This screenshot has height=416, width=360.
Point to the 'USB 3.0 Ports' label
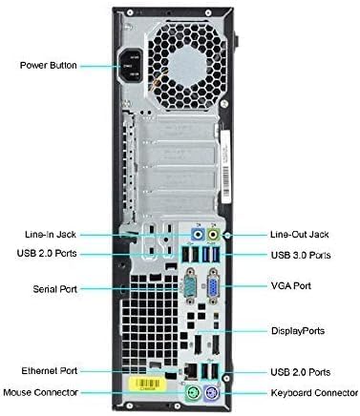click(301, 256)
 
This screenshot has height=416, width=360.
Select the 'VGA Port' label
click(290, 285)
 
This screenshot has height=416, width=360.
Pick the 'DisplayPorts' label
click(297, 331)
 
